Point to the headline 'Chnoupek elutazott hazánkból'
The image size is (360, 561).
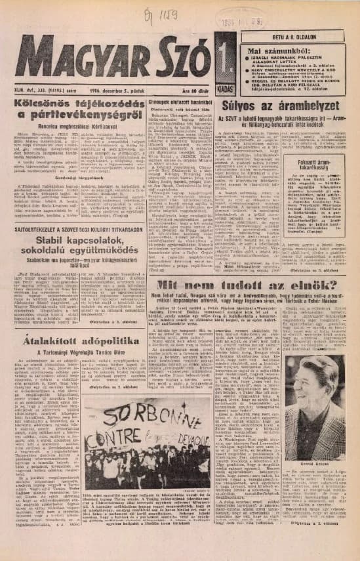click(x=179, y=102)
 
